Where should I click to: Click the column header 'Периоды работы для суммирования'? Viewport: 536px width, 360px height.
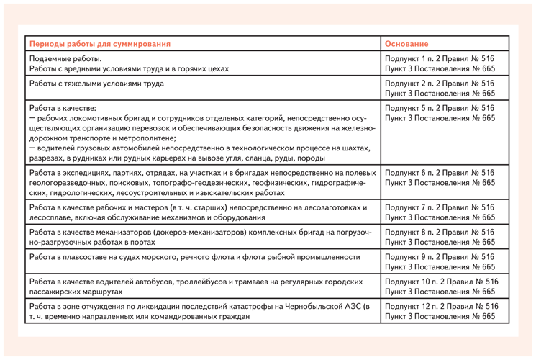click(100, 44)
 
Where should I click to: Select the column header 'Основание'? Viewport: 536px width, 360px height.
click(406, 44)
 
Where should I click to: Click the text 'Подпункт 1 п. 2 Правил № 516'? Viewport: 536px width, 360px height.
click(440, 58)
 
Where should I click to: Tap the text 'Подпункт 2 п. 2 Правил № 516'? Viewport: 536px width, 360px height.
click(440, 84)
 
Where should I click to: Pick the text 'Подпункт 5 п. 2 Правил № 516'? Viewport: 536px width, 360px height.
click(440, 108)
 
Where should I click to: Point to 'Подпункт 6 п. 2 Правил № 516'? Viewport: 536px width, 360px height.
click(440, 173)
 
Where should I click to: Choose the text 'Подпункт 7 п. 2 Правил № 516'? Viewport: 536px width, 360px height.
click(440, 207)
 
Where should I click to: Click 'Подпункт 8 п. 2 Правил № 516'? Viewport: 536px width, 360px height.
click(440, 232)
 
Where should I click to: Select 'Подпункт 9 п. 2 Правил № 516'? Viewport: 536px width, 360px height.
click(440, 256)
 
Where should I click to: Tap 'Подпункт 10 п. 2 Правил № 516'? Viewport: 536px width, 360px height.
click(442, 282)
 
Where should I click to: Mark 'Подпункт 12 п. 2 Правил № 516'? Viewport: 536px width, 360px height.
click(442, 306)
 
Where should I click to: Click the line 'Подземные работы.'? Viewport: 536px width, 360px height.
click(65, 58)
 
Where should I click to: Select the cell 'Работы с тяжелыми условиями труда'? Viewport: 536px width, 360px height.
click(96, 84)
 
